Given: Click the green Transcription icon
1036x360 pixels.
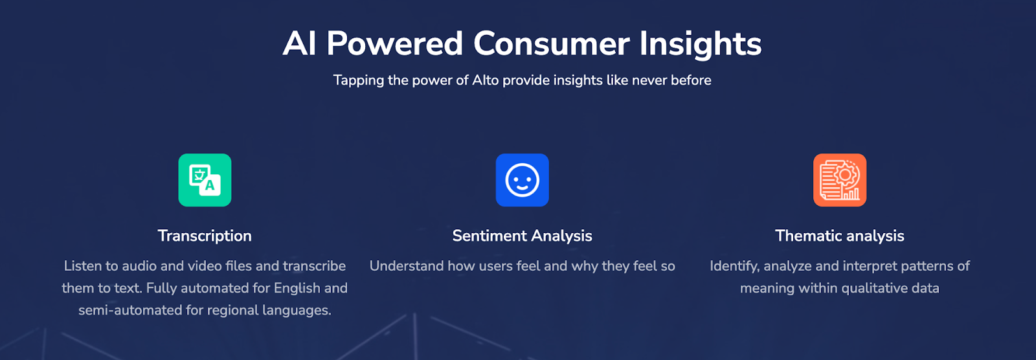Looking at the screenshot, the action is point(205,180).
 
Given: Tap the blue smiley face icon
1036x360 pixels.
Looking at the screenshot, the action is point(522,180).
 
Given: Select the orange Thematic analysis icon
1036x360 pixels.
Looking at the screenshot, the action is point(840,180).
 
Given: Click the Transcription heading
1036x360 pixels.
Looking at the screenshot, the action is point(205,236).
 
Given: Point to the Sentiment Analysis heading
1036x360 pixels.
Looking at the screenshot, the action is point(522,236).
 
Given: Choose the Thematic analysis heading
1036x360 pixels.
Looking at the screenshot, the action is point(840,236).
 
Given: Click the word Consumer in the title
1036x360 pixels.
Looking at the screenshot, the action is point(551,44).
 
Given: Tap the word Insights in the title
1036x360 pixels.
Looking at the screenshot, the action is point(700,45).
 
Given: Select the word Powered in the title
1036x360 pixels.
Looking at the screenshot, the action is point(394,44).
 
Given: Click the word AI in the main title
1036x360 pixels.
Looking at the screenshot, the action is point(300,44).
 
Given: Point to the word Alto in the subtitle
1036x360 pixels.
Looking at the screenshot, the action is point(486,80).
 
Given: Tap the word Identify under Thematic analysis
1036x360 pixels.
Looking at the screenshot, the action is point(735,267).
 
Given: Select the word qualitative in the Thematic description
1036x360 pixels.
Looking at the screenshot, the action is point(874,289).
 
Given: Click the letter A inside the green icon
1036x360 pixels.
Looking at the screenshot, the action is point(210,186).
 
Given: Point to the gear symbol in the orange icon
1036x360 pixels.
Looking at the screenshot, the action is point(845,175).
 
